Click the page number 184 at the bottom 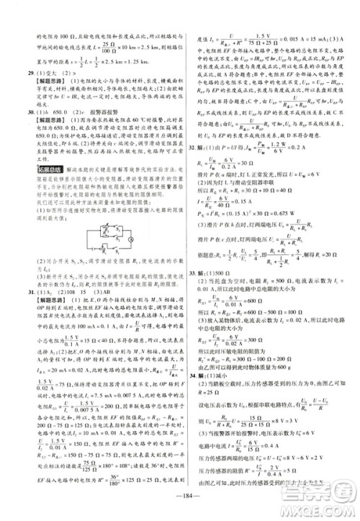tap(179, 506)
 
